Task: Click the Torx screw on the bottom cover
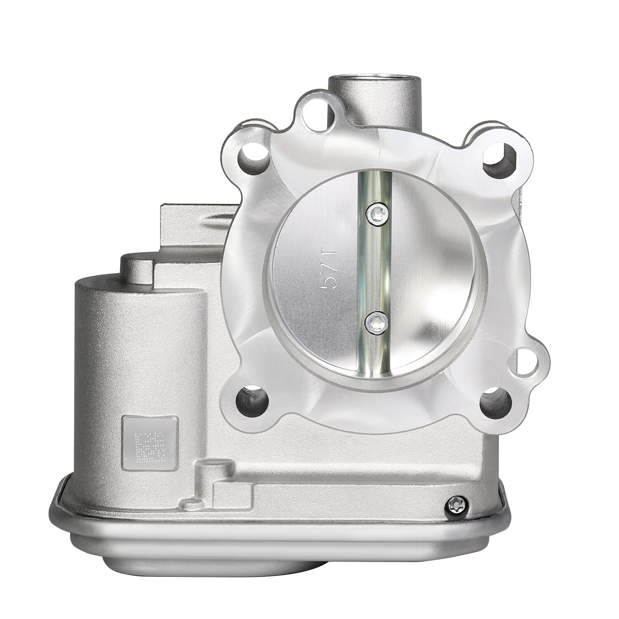pyautogui.click(x=454, y=505)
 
